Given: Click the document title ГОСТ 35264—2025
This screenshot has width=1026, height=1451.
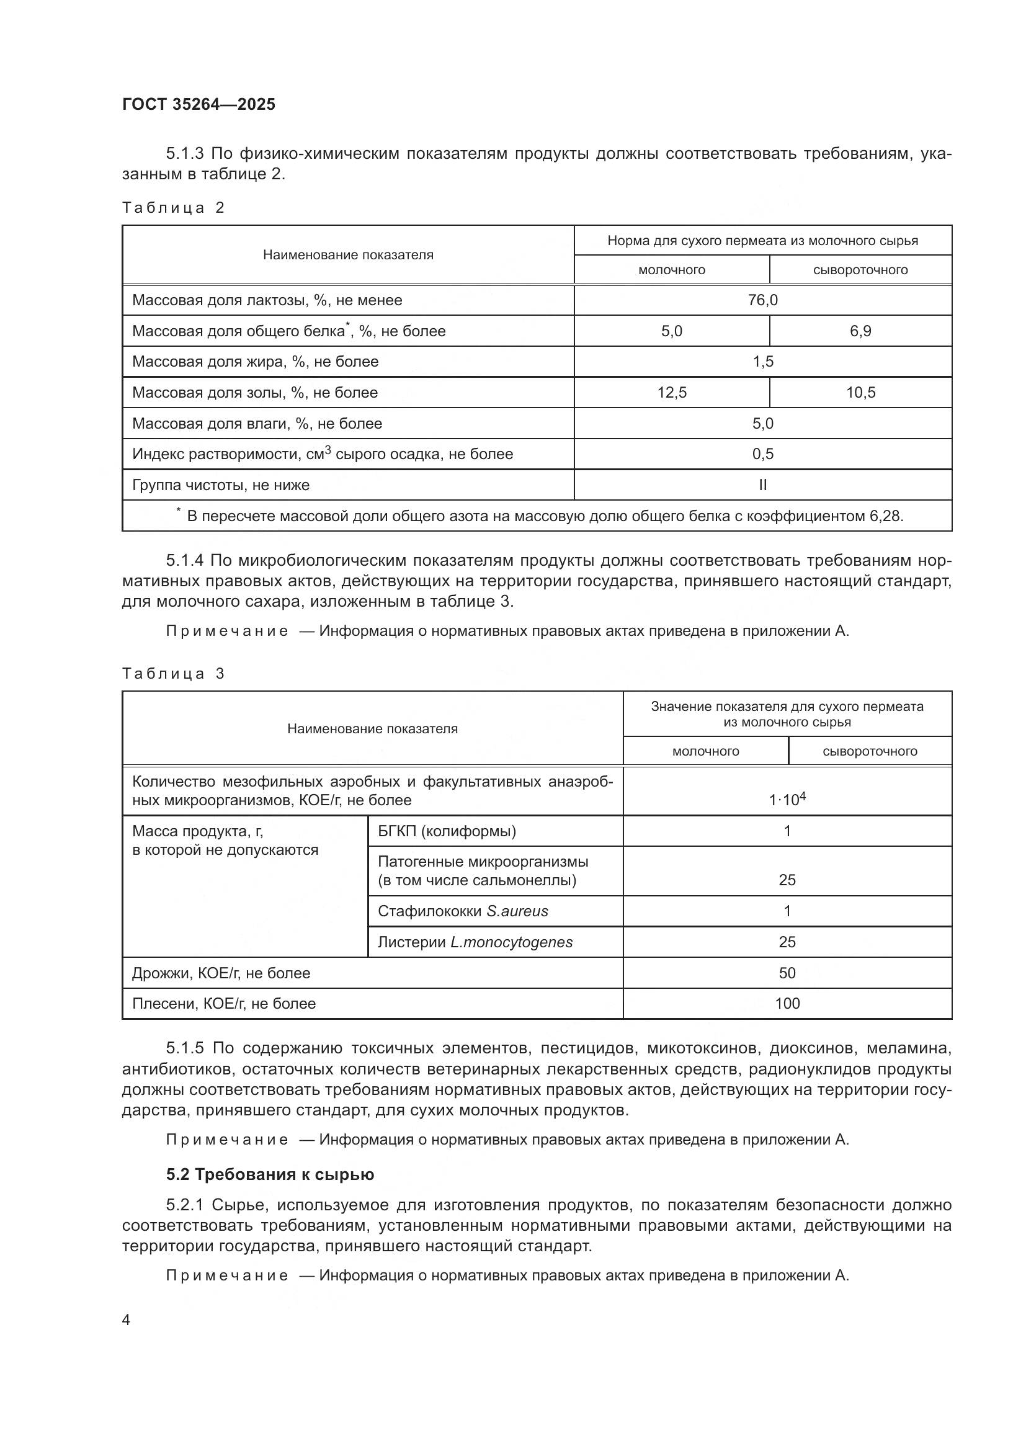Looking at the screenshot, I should pyautogui.click(x=199, y=105).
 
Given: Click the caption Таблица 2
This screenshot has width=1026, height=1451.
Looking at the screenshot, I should pyautogui.click(x=173, y=208).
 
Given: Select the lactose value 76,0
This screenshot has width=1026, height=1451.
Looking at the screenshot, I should pyautogui.click(x=762, y=300).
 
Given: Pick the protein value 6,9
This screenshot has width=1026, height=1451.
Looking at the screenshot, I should pyautogui.click(x=860, y=331).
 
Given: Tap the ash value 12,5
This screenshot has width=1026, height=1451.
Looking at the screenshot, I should pyautogui.click(x=672, y=393).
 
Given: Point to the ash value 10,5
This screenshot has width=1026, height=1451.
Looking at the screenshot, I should pyautogui.click(x=860, y=393).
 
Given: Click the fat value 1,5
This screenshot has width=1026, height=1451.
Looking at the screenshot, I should pyautogui.click(x=762, y=362).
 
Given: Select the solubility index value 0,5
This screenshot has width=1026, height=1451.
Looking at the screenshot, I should pyautogui.click(x=762, y=453).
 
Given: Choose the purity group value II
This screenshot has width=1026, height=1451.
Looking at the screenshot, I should pyautogui.click(x=762, y=484).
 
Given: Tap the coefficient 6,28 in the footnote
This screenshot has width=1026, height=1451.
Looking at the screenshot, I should pyautogui.click(x=885, y=516).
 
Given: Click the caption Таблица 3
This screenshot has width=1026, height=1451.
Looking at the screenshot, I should pyautogui.click(x=173, y=674).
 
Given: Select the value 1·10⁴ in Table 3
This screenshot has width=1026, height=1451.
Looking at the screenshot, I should pyautogui.click(x=787, y=800).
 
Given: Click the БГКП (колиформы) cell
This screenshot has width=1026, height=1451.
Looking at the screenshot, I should pyautogui.click(x=447, y=831).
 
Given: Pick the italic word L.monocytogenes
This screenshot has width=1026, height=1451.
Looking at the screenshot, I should pyautogui.click(x=511, y=942).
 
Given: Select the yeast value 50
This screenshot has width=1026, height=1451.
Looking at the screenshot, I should pyautogui.click(x=787, y=973).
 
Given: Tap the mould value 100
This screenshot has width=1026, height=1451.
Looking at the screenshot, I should pyautogui.click(x=787, y=1004).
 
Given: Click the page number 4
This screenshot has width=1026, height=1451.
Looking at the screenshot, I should pyautogui.click(x=127, y=1319).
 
